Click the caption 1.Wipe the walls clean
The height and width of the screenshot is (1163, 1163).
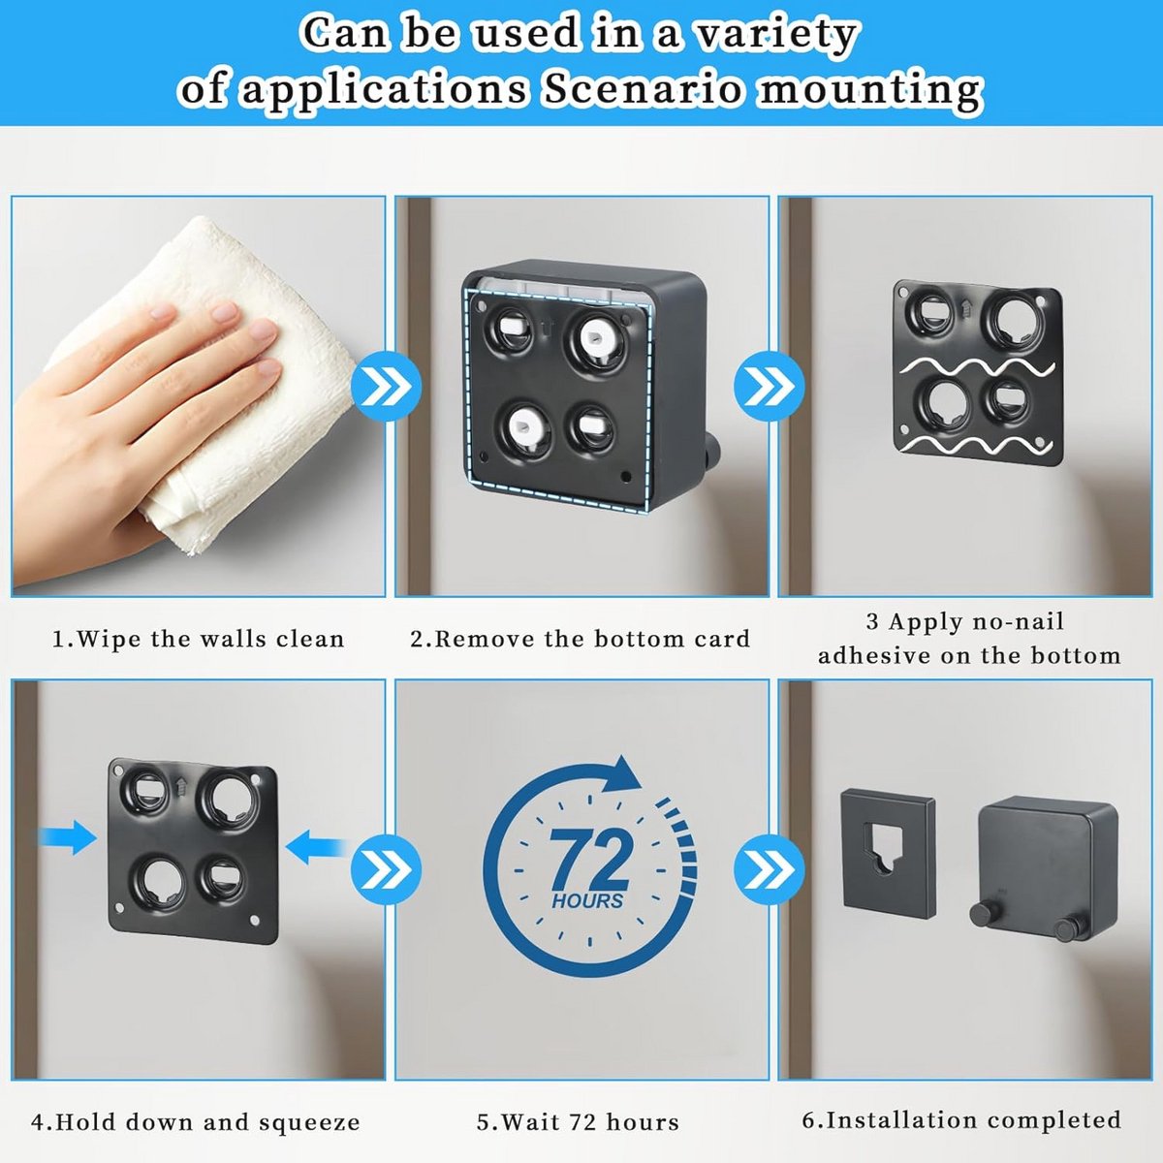(198, 639)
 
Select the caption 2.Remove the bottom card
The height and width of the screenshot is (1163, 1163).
(581, 639)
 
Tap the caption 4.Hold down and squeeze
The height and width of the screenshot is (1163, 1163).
(196, 1122)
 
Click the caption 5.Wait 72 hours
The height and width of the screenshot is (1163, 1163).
(579, 1122)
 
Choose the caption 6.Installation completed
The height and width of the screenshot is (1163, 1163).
(961, 1119)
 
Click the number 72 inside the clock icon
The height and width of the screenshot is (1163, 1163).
(589, 860)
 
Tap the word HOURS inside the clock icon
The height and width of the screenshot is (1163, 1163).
(587, 901)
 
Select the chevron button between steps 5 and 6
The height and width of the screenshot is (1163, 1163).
(770, 869)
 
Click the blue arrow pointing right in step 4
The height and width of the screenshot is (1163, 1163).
(67, 837)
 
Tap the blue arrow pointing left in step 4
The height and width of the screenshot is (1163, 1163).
(316, 846)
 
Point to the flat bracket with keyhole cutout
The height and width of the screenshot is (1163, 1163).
(889, 857)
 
